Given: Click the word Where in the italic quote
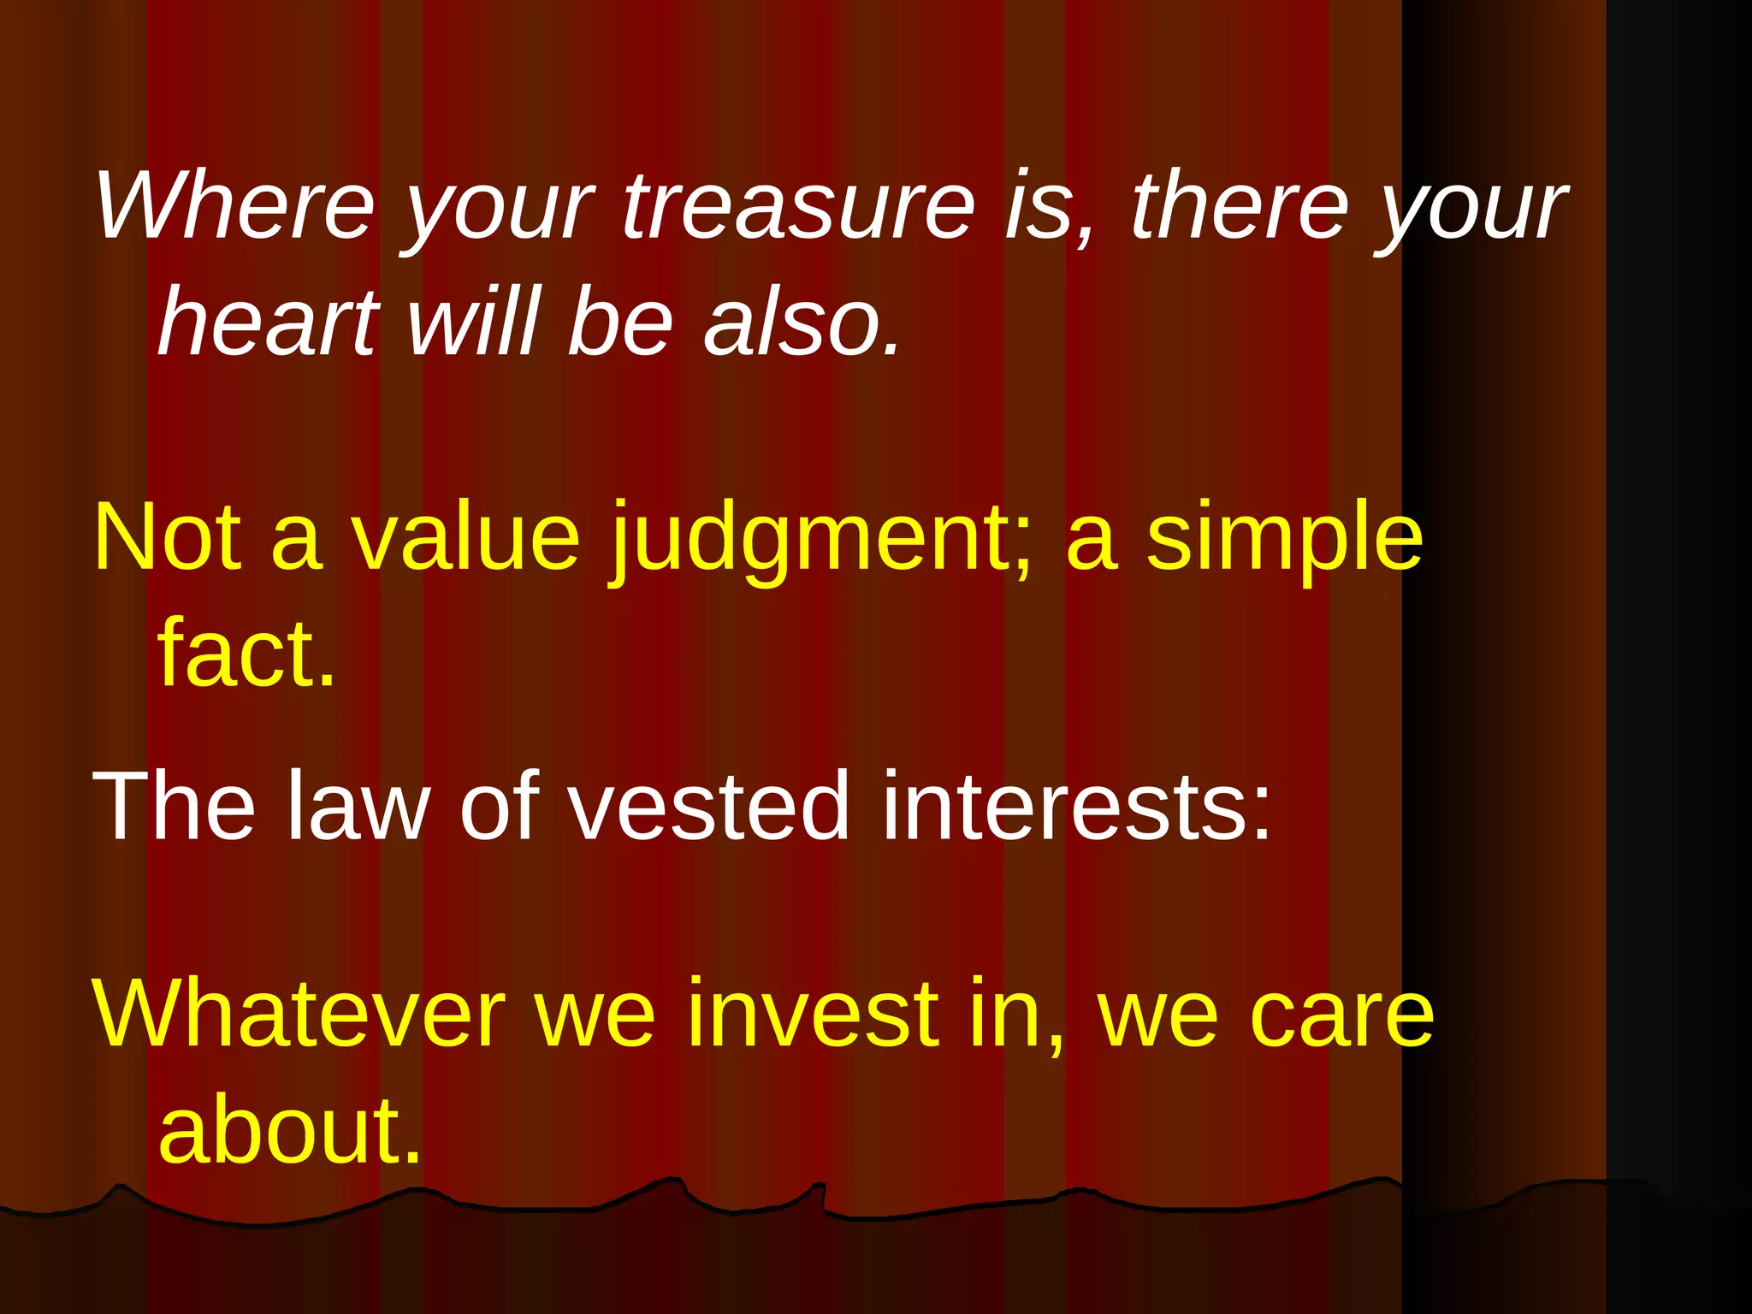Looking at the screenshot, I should click(x=235, y=205).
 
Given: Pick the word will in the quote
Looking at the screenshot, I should click(x=475, y=322).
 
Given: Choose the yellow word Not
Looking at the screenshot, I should click(x=168, y=537).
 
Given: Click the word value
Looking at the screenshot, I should click(x=466, y=537).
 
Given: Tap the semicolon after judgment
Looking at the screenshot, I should click(x=1022, y=547).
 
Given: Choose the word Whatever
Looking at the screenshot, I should click(x=299, y=1014).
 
